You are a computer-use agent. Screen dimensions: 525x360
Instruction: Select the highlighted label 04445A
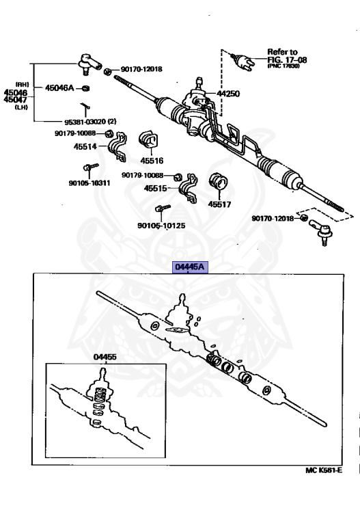click(x=189, y=267)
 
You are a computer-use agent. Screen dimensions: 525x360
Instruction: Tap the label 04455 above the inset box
click(x=105, y=357)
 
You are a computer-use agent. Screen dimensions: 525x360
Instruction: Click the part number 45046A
click(x=61, y=88)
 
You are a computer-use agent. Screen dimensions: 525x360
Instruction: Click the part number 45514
click(x=87, y=146)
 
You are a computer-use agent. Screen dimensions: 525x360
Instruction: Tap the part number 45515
click(x=156, y=188)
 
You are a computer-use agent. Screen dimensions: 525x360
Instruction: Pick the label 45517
click(x=220, y=203)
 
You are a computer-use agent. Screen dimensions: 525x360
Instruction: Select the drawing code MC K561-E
click(x=323, y=471)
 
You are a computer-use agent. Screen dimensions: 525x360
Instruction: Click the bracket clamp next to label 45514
click(x=119, y=148)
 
